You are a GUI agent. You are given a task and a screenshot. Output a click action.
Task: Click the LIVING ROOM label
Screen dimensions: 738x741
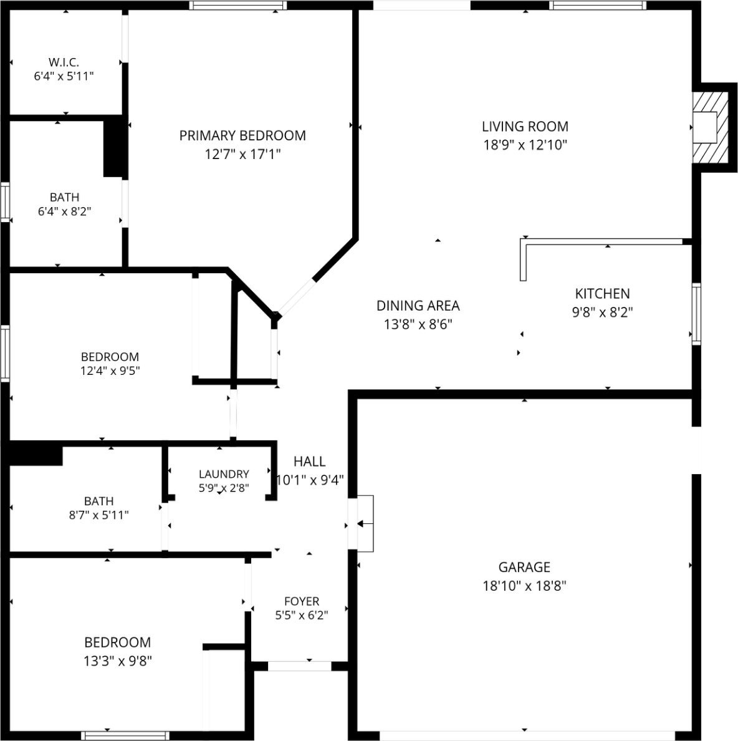(x=525, y=127)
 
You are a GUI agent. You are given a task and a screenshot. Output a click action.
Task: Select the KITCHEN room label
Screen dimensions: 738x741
(x=602, y=294)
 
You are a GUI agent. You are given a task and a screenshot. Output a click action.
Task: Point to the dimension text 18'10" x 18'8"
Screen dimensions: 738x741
(x=524, y=586)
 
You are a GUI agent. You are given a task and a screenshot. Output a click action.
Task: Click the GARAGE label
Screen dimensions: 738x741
(x=524, y=567)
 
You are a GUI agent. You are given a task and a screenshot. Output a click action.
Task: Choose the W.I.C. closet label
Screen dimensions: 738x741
(x=64, y=62)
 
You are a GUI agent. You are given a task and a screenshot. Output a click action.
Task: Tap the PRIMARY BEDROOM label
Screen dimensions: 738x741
(x=242, y=135)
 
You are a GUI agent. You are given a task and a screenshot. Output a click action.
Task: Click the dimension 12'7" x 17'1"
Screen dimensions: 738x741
(x=242, y=154)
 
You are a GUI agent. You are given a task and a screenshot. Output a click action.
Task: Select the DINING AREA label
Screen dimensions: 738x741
(x=418, y=306)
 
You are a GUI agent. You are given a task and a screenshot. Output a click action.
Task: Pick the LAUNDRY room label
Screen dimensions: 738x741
(x=224, y=474)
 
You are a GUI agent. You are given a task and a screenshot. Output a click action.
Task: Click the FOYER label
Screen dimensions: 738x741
(x=302, y=601)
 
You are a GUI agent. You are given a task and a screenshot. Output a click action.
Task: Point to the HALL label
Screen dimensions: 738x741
(x=309, y=461)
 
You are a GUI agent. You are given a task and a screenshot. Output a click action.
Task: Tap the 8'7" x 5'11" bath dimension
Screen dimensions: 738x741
(x=98, y=515)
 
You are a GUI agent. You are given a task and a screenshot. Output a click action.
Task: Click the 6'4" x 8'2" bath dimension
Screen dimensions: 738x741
(x=64, y=211)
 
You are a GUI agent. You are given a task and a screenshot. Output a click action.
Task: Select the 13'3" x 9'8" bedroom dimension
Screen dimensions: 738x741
(x=118, y=661)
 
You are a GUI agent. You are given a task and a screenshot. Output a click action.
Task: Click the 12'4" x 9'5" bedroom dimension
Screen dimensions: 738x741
(x=110, y=370)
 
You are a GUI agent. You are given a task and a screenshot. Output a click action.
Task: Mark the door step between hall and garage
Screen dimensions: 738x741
(x=365, y=523)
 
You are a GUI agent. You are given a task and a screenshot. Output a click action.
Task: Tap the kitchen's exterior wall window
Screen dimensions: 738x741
(x=696, y=313)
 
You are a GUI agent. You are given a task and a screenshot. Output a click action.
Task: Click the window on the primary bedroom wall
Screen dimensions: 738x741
(x=239, y=5)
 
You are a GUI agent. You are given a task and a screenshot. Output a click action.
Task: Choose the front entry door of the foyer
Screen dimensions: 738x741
(x=299, y=666)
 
